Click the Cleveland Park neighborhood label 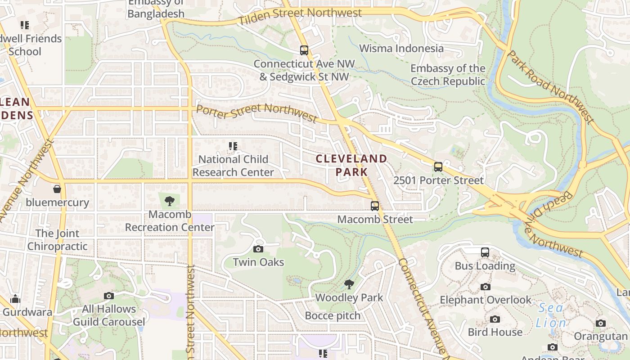[351, 165]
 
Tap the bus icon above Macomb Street [374, 206]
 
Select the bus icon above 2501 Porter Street [438, 167]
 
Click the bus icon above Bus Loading [485, 252]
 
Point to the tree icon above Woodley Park [349, 284]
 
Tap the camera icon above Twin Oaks [258, 249]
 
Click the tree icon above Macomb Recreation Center [170, 201]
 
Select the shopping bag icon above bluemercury [57, 189]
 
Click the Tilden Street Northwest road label [300, 17]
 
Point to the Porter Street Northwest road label [256, 112]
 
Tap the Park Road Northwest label [550, 86]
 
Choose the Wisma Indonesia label [401, 49]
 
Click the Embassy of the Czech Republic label [448, 75]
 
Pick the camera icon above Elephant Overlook [485, 287]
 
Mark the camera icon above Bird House [495, 319]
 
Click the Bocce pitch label [333, 316]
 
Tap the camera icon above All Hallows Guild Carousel [108, 296]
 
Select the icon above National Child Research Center [233, 146]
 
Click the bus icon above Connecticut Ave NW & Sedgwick [304, 50]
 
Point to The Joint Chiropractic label [57, 240]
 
